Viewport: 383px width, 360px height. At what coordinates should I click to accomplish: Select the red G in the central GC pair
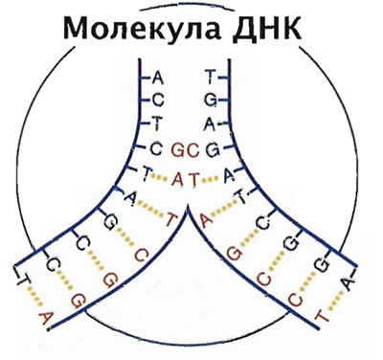click(179, 150)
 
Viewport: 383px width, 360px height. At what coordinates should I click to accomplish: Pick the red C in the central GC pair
click(193, 150)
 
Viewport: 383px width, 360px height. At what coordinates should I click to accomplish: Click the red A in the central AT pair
click(178, 180)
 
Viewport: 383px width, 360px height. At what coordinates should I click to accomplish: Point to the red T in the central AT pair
click(194, 180)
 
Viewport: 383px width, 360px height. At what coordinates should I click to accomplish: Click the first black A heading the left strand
click(157, 78)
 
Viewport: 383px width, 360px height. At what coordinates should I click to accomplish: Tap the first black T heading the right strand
click(210, 77)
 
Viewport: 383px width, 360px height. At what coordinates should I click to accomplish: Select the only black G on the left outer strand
click(109, 222)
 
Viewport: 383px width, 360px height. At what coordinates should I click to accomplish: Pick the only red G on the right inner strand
click(235, 255)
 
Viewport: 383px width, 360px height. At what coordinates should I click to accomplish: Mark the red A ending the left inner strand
click(45, 318)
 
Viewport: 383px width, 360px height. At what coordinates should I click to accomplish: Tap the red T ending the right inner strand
click(322, 316)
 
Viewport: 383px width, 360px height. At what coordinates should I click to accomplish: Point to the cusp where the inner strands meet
click(188, 206)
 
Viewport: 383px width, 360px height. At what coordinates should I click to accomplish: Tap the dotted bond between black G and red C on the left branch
click(125, 236)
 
